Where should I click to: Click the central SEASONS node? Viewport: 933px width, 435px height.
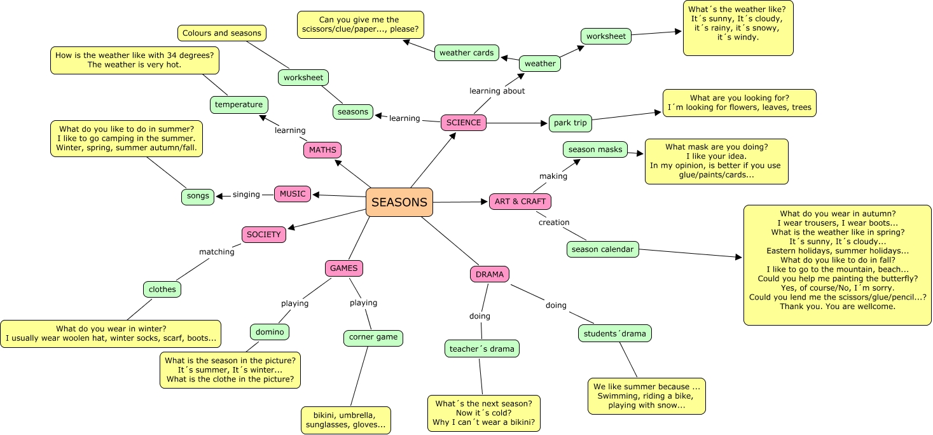[399, 202]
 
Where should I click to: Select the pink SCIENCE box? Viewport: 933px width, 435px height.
[464, 123]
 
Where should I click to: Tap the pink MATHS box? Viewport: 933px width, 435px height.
[322, 150]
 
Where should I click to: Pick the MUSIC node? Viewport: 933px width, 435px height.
[293, 194]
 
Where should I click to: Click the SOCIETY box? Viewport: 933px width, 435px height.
[264, 235]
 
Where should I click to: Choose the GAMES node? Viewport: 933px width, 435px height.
[344, 268]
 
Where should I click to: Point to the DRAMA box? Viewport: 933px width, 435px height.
[490, 274]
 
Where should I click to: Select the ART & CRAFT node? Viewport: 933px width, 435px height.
[520, 202]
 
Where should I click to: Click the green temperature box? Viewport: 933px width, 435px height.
[239, 104]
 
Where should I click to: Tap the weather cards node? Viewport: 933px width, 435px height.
[467, 53]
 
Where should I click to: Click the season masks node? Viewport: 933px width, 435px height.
[595, 149]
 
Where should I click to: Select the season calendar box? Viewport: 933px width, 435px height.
[602, 249]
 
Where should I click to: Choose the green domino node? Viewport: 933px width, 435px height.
[270, 331]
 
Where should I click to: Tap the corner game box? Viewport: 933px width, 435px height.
[373, 337]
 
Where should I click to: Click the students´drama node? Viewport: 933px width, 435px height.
[615, 333]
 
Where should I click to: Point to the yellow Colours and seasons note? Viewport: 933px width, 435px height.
[221, 33]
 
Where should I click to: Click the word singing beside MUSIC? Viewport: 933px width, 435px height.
[246, 195]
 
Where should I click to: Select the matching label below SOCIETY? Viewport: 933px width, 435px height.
[217, 252]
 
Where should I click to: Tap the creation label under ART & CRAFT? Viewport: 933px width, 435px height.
[554, 223]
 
